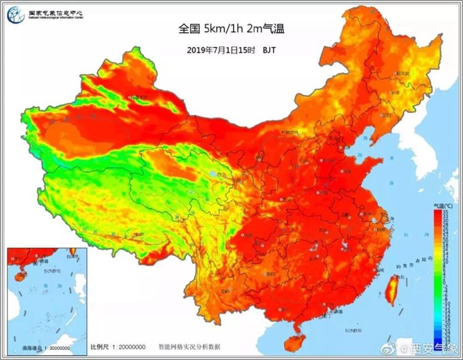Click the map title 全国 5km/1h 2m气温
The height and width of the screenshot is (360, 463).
[x=231, y=28]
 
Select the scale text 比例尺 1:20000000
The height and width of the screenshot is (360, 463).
[x=118, y=346]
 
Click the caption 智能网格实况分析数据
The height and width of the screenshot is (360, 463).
[x=189, y=346]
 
